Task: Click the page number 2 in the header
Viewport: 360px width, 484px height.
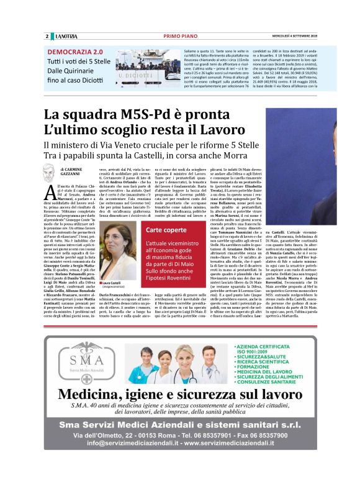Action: pyautogui.click(x=47, y=36)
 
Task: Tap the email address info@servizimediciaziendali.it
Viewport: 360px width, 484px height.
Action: pyautogui.click(x=124, y=443)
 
